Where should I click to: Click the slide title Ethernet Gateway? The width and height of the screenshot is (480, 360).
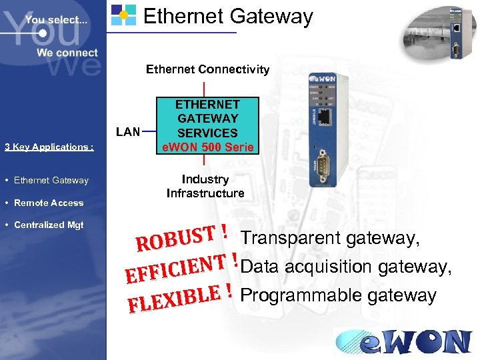click(228, 16)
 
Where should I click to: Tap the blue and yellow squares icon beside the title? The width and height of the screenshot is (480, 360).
click(123, 15)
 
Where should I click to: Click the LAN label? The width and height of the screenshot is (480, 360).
click(127, 131)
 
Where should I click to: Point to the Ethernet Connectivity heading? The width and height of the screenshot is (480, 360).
click(207, 69)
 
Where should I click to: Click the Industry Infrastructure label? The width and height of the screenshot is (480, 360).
click(205, 187)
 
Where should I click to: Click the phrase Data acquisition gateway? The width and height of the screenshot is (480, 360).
click(347, 267)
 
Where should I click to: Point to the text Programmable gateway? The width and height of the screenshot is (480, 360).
click(338, 295)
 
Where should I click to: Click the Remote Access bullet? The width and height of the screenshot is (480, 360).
click(49, 203)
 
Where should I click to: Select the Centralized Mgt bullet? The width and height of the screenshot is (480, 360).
click(49, 225)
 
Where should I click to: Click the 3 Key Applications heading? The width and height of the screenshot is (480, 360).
click(49, 147)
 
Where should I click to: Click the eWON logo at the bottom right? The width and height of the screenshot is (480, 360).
click(404, 341)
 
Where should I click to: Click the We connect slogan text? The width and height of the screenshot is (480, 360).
click(67, 53)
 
